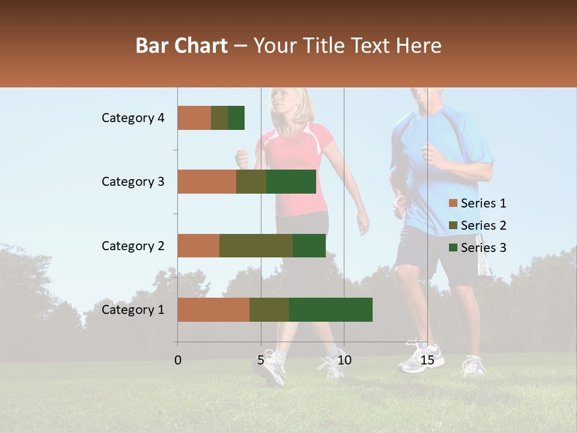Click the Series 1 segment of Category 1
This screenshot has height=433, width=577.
tap(213, 310)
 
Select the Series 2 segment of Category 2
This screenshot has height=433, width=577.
tap(256, 245)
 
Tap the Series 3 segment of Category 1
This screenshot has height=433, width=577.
tap(331, 310)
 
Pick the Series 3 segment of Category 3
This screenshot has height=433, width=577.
tap(291, 182)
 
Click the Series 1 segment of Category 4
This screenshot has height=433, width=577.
tap(194, 118)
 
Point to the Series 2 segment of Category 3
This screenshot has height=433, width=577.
tap(251, 182)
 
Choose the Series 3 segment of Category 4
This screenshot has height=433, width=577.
tap(236, 118)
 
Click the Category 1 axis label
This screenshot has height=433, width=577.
tap(133, 310)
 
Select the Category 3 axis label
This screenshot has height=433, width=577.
tap(133, 182)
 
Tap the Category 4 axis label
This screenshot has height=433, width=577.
tap(133, 118)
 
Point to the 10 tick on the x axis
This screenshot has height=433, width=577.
tap(344, 360)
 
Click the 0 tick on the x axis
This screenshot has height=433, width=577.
tap(178, 360)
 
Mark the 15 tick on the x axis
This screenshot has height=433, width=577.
tap(427, 360)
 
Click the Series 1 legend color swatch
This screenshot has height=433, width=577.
tap(453, 203)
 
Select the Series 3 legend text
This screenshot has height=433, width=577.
tap(483, 248)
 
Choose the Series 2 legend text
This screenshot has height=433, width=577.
tap(483, 226)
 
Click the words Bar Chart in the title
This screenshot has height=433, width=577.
tap(182, 46)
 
